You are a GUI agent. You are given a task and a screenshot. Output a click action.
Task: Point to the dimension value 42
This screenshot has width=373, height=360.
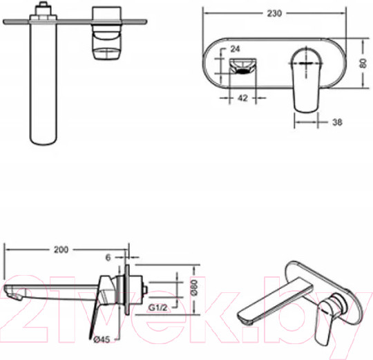click(242, 98)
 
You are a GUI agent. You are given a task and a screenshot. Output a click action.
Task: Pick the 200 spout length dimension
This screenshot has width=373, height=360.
click(61, 250)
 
